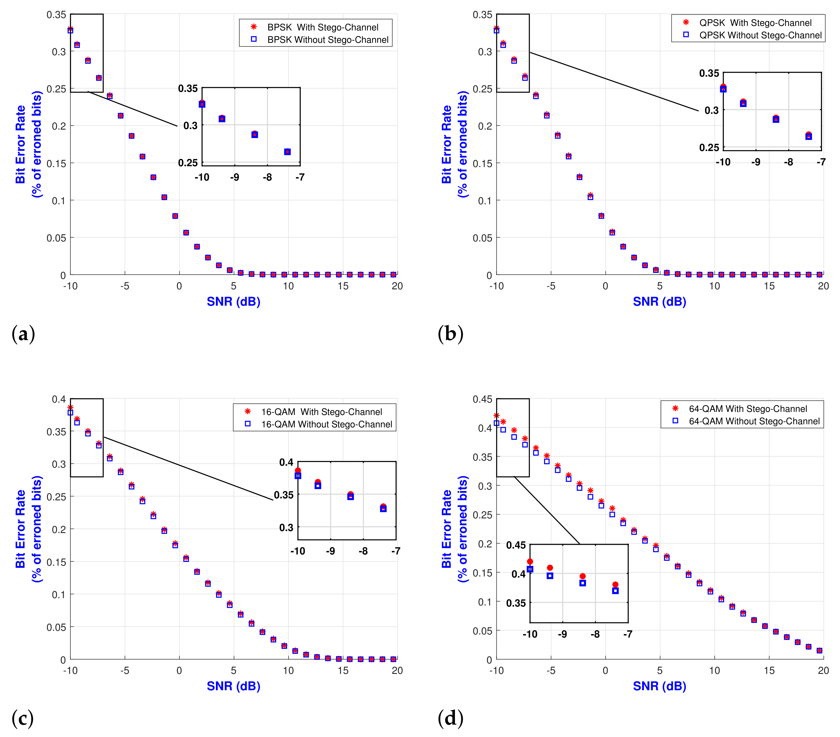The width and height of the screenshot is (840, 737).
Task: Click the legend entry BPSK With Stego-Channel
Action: tap(322, 27)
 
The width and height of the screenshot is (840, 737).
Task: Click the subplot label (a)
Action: tap(23, 334)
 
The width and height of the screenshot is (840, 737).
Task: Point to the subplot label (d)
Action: tap(450, 718)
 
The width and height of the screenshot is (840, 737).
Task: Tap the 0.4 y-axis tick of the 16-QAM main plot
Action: tap(58, 399)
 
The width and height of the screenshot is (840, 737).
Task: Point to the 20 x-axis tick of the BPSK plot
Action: tap(397, 286)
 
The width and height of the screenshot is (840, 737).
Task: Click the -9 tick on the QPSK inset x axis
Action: tap(755, 162)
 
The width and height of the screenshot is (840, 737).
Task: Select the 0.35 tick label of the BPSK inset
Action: tap(188, 88)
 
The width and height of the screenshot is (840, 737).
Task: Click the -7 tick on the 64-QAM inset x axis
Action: tap(627, 634)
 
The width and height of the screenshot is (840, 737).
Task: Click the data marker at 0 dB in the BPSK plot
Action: tap(175, 216)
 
